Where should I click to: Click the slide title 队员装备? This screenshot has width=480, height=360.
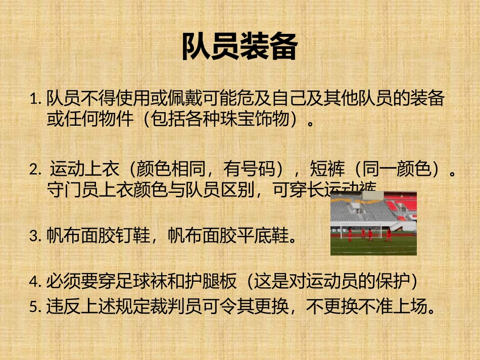[x=239, y=47]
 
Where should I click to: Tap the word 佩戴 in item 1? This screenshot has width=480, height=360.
[x=189, y=98]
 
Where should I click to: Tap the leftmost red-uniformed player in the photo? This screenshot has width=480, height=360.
[x=350, y=233]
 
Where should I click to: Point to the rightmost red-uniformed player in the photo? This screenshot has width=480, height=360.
[x=388, y=234]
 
